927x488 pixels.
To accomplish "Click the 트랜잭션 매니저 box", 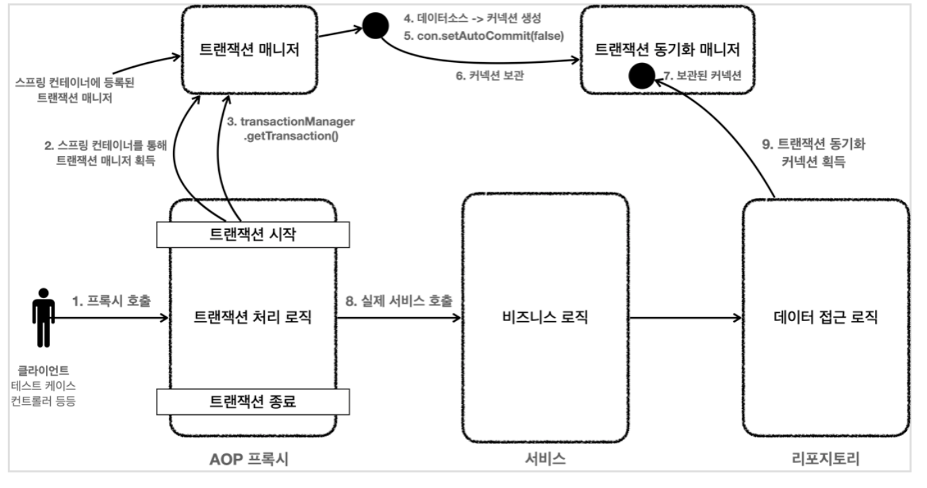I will [250, 51].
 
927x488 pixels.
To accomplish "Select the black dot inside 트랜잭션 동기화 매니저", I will [638, 76].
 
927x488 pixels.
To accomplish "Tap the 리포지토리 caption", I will [826, 460].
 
